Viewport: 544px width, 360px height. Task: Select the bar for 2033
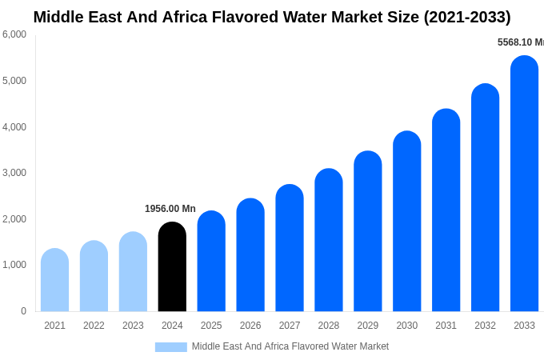click(x=524, y=183)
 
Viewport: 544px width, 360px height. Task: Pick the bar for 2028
click(x=329, y=240)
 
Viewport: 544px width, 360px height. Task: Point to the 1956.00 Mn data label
click(x=170, y=209)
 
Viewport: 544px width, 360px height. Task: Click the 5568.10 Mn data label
click(x=520, y=42)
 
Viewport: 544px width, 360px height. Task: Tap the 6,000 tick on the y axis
click(x=14, y=34)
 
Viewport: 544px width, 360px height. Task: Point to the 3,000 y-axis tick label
click(x=14, y=173)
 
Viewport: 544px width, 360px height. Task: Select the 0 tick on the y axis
click(x=23, y=311)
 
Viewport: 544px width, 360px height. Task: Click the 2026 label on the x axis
click(x=250, y=326)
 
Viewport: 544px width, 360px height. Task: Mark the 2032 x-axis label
click(x=485, y=326)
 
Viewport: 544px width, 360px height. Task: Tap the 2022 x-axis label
click(x=94, y=326)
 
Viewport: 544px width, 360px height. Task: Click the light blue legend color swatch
click(x=170, y=347)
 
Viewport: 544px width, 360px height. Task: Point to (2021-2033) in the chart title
click(x=466, y=17)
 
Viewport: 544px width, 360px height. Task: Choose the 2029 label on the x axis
click(x=368, y=326)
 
